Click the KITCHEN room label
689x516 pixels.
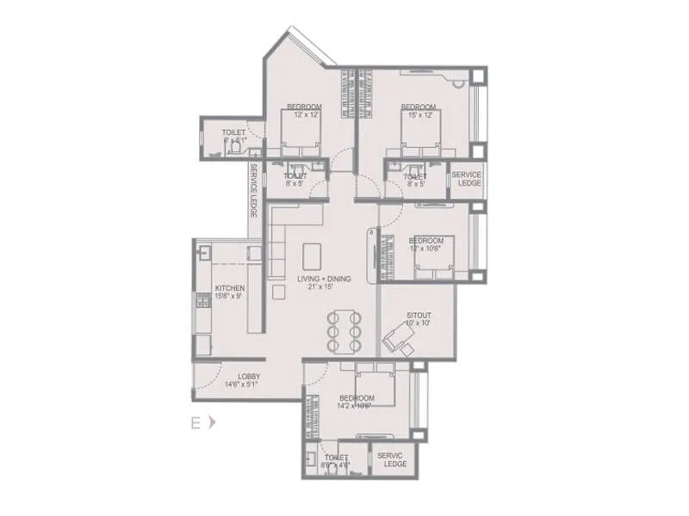tap(230, 288)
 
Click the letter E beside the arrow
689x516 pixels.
tap(196, 422)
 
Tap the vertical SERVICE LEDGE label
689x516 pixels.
tap(254, 189)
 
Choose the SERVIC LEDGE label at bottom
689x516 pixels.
tap(395, 460)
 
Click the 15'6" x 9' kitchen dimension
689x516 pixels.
tap(230, 297)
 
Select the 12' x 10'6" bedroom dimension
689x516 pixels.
tap(426, 249)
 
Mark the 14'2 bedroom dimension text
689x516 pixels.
tap(356, 406)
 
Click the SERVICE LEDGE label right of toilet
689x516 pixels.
tap(466, 179)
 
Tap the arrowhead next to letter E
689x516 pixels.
tap(212, 422)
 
